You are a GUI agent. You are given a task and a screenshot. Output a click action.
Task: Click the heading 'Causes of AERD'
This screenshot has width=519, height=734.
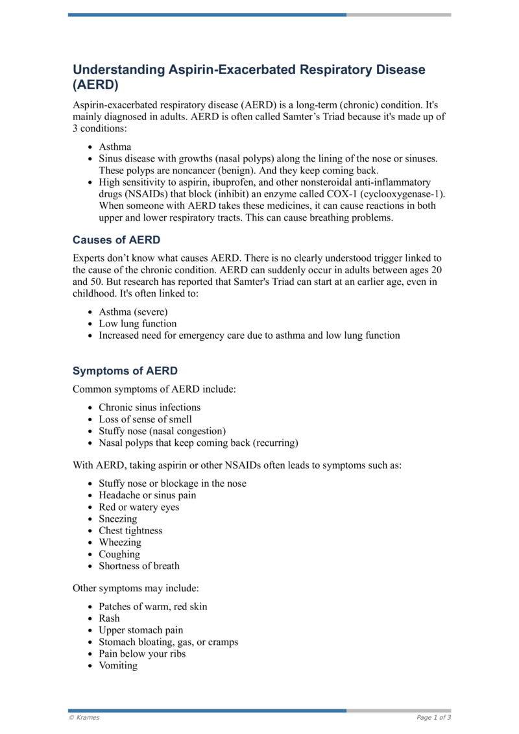(x=116, y=241)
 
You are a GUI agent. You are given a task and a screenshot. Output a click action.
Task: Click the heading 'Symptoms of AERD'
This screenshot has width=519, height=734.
(x=125, y=371)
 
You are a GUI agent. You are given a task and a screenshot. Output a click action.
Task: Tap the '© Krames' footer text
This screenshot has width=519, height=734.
(x=84, y=717)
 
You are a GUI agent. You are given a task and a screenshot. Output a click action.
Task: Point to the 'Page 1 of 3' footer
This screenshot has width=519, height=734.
(x=434, y=717)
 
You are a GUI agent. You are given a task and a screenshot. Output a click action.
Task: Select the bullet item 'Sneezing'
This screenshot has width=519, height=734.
(x=118, y=519)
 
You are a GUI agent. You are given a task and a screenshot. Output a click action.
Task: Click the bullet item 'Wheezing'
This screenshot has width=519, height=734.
(x=120, y=543)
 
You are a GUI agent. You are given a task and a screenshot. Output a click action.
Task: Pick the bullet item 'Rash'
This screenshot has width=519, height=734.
(x=109, y=618)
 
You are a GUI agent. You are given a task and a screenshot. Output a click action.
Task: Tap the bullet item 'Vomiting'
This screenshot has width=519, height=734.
(x=118, y=665)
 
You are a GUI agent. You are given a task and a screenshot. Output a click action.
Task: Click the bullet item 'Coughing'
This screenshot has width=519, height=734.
(x=119, y=554)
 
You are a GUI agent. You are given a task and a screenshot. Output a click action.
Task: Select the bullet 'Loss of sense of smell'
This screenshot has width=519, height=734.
(x=145, y=419)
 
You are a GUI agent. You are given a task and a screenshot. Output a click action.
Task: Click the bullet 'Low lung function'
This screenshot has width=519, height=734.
(x=138, y=324)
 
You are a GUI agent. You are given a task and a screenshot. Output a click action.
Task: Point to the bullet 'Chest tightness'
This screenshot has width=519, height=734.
(x=131, y=531)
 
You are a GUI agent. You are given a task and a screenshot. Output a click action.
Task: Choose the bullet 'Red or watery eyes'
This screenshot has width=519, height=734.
(x=139, y=508)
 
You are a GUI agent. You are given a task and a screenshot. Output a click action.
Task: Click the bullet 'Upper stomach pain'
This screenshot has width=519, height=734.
(x=141, y=630)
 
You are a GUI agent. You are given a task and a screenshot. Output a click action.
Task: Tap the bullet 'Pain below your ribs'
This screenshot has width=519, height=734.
(x=142, y=654)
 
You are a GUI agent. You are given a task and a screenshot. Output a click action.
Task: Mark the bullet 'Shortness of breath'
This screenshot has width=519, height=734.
(x=139, y=566)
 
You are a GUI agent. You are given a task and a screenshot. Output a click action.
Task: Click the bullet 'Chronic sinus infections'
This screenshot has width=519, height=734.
(x=150, y=408)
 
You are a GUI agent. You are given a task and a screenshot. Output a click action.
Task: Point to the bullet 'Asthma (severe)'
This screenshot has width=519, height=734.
(x=133, y=312)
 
